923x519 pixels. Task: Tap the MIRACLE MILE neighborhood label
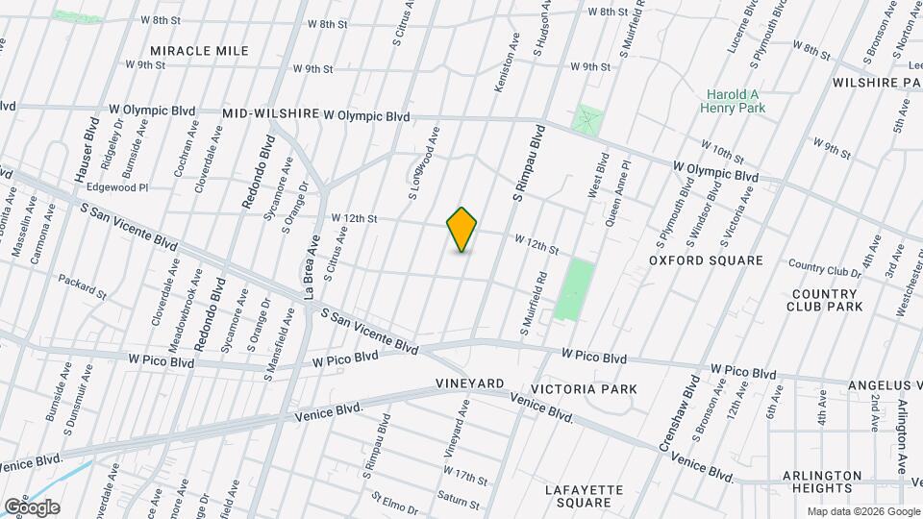[x=199, y=51]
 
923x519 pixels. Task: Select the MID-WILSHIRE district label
[x=271, y=113]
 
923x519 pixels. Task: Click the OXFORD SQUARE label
[x=706, y=260]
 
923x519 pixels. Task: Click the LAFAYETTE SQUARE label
[x=585, y=496]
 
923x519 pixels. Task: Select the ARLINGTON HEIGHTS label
[x=822, y=482]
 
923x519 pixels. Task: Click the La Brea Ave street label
[x=311, y=271]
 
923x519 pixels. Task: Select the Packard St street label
[x=81, y=285]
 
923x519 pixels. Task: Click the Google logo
[x=31, y=507]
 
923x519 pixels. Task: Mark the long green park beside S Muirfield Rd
[x=574, y=289]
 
